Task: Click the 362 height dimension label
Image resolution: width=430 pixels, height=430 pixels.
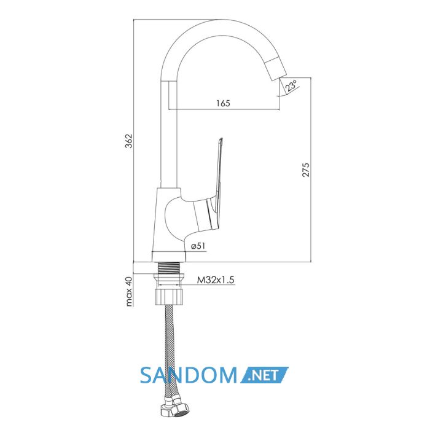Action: point(128,141)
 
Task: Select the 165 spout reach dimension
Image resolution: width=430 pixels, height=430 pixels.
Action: point(223,103)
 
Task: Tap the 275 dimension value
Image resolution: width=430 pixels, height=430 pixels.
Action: point(306,170)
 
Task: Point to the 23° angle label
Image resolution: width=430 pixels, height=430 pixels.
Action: point(291,85)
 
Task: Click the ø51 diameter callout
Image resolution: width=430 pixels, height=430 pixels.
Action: point(198,246)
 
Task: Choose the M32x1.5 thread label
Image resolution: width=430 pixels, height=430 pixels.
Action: point(216,280)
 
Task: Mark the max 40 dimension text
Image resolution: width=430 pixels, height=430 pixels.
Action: point(128,291)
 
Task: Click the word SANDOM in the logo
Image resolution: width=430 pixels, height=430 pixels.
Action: point(188,375)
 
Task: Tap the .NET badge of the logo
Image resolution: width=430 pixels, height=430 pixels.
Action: point(264,375)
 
